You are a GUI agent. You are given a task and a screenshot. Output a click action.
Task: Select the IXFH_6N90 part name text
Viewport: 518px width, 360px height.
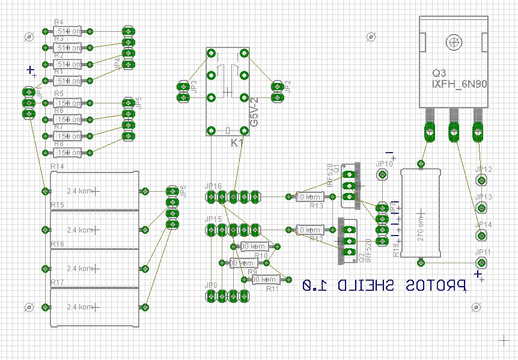459,85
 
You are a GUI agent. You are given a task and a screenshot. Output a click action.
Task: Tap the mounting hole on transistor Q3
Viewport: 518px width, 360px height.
454,42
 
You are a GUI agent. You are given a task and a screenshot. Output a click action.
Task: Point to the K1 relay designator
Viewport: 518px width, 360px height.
237,143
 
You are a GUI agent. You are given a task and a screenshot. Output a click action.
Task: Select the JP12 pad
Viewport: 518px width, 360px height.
481,180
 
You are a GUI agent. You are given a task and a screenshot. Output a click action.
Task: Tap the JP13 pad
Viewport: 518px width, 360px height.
481,207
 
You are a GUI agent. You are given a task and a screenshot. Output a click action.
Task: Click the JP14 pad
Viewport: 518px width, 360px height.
481,235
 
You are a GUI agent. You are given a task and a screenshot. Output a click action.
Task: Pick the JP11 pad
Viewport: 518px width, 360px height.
481,263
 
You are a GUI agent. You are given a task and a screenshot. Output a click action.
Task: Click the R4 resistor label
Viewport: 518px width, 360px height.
58,22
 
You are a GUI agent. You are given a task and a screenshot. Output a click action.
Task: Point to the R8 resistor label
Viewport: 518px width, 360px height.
58,144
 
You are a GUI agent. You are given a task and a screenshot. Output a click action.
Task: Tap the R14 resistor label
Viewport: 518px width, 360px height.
57,166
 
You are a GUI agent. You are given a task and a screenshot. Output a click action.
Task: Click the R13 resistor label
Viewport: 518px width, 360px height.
316,206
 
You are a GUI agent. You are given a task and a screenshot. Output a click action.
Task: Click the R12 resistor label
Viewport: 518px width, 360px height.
316,239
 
